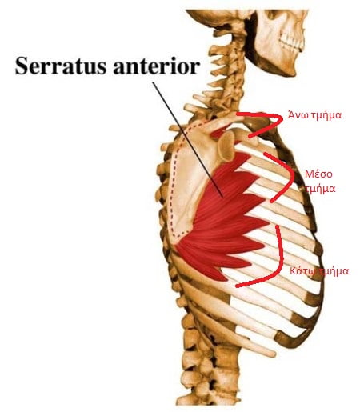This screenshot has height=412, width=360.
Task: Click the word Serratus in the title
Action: coord(61,66)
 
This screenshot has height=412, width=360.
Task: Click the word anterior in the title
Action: coord(156,66)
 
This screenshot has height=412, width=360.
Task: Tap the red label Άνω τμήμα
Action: coord(314,115)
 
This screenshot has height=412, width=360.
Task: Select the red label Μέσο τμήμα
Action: coord(320,182)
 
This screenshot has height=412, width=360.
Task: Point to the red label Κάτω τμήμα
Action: coord(319,271)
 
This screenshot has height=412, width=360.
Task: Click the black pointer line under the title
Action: coord(187,139)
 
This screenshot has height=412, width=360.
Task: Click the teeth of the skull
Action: coord(291,42)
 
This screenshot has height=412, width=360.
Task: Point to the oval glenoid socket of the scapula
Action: coord(226,146)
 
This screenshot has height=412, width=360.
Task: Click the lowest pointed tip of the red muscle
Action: coord(226,279)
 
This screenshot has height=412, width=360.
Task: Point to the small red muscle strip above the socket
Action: coord(218,132)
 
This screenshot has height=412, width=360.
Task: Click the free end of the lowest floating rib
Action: coord(273,354)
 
